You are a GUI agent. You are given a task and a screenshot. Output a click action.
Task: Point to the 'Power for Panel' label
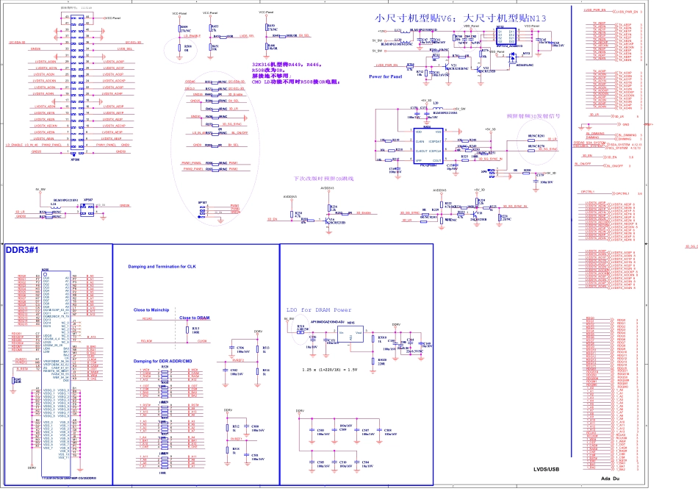click(386, 76)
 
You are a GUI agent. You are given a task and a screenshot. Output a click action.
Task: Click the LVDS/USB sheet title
click(546, 468)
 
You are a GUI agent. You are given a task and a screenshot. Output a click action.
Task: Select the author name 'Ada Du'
click(611, 479)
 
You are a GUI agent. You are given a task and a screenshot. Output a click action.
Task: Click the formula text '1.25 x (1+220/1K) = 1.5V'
click(328, 369)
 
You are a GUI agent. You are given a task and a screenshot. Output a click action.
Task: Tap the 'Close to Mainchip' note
click(151, 310)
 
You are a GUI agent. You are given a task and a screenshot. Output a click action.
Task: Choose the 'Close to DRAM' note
click(194, 318)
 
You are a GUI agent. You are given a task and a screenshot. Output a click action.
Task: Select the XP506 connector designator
click(74, 158)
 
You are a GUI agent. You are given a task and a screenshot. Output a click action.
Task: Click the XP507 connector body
click(88, 210)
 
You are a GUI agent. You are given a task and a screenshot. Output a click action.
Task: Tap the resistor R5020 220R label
click(381, 362)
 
